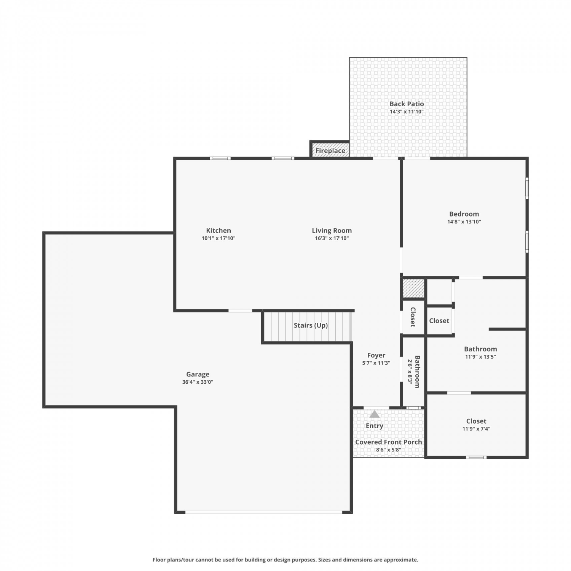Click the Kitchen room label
[219, 230]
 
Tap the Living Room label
[332, 230]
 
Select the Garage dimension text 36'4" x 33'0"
[198, 382]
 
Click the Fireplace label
[330, 151]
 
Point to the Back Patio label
[407, 104]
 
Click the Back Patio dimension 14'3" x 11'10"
[407, 112]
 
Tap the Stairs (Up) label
[311, 325]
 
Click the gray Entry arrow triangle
[375, 414]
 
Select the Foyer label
[376, 355]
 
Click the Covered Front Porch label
[388, 442]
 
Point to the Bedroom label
[464, 214]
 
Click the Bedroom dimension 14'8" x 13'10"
[464, 222]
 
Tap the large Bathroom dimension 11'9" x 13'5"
[480, 357]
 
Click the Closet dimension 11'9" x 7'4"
[476, 429]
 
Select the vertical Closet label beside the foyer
[413, 317]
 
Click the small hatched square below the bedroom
[413, 288]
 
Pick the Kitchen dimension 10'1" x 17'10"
[219, 238]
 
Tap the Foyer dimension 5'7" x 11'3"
[376, 363]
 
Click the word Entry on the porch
[375, 426]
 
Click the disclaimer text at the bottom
[285, 560]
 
